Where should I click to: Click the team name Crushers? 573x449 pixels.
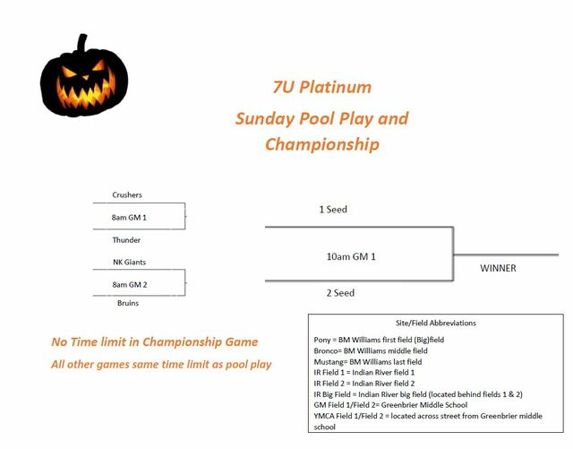pyautogui.click(x=127, y=194)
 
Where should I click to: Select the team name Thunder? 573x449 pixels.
pyautogui.click(x=126, y=240)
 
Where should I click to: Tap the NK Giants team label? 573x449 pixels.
pyautogui.click(x=129, y=262)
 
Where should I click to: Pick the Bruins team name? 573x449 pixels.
pyautogui.click(x=128, y=303)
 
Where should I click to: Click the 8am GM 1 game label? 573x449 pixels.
pyautogui.click(x=129, y=218)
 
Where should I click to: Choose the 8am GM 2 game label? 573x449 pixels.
pyautogui.click(x=130, y=285)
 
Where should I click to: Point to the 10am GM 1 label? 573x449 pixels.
pyautogui.click(x=351, y=256)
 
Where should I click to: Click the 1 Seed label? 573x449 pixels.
pyautogui.click(x=333, y=210)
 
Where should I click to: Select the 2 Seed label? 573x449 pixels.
pyautogui.click(x=340, y=293)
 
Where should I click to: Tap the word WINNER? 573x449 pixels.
pyautogui.click(x=498, y=268)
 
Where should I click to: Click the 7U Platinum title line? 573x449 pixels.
pyautogui.click(x=322, y=88)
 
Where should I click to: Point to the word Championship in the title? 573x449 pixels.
pyautogui.click(x=322, y=144)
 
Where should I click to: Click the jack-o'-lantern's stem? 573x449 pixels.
pyautogui.click(x=82, y=43)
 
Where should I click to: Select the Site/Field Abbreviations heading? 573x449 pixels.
pyautogui.click(x=436, y=324)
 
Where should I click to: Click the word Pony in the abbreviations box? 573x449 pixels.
pyautogui.click(x=322, y=340)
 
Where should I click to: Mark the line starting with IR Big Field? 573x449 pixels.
pyautogui.click(x=418, y=394)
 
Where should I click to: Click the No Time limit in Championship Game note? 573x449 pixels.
pyautogui.click(x=155, y=341)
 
